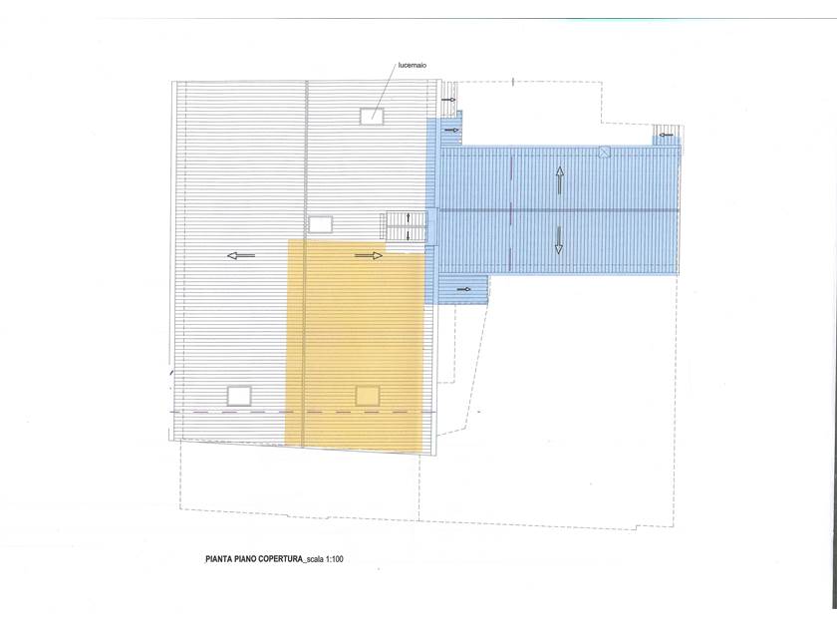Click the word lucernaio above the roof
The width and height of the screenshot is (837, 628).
[x=413, y=65]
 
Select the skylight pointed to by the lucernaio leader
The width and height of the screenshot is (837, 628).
[x=372, y=116]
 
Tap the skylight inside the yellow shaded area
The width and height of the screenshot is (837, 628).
[x=368, y=396]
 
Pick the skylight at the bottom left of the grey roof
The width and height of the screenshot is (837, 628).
[x=239, y=396]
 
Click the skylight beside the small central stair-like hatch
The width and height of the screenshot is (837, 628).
[x=320, y=224]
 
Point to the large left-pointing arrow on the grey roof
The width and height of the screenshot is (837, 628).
[x=241, y=256]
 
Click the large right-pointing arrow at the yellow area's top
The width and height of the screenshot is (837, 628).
[x=369, y=256]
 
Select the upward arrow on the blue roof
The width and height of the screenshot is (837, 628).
[x=559, y=180]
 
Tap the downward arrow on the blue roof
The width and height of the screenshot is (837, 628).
[x=558, y=240]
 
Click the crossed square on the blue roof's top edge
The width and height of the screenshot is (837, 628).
[x=604, y=152]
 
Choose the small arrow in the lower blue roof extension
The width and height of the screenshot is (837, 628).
[x=464, y=289]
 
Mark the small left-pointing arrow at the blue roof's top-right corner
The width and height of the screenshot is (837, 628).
[x=666, y=135]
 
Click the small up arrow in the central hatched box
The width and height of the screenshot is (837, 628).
[x=409, y=218]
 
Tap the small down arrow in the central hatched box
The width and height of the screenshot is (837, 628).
[x=409, y=234]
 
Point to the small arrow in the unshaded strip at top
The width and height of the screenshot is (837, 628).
[x=448, y=100]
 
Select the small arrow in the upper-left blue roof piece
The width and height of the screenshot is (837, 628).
[x=452, y=130]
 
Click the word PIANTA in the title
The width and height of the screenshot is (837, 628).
[x=218, y=559]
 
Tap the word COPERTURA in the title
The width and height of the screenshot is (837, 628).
[x=280, y=559]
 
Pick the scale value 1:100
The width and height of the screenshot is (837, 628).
[x=334, y=559]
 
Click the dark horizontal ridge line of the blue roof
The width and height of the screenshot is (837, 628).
[x=558, y=210]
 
